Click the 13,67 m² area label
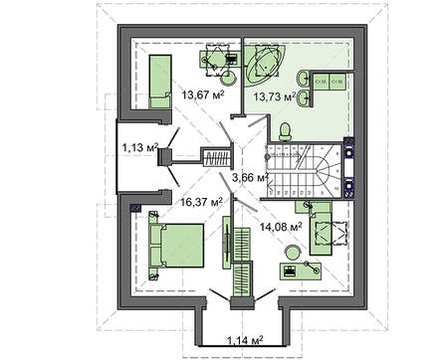click(x=196, y=95)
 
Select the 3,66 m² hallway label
click(x=250, y=177)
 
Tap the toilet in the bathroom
click(x=286, y=131)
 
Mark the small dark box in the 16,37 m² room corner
click(x=136, y=209)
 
